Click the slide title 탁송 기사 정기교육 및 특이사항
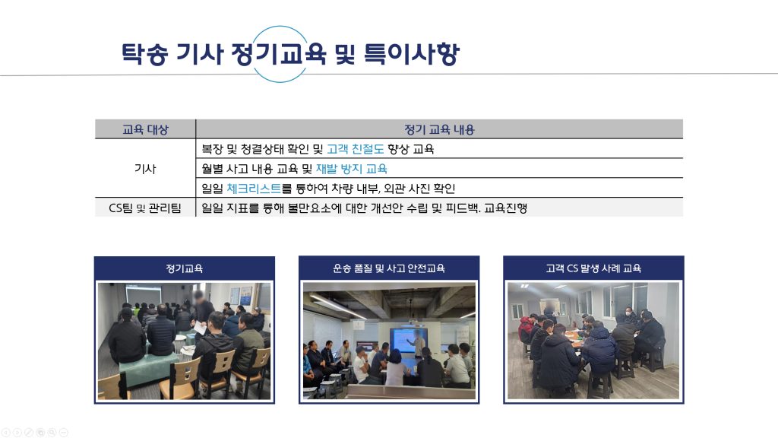pyautogui.click(x=290, y=54)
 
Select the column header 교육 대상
pyautogui.click(x=145, y=129)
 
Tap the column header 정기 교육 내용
pyautogui.click(x=439, y=129)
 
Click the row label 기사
pyautogui.click(x=145, y=169)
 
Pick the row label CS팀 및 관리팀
pyautogui.click(x=145, y=208)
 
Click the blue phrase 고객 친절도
pyautogui.click(x=356, y=149)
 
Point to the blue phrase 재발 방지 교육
pyautogui.click(x=351, y=169)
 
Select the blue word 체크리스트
pyautogui.click(x=254, y=189)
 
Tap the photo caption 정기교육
pyautogui.click(x=184, y=268)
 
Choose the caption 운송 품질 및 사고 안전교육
pyautogui.click(x=388, y=268)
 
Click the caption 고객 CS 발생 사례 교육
pyautogui.click(x=593, y=268)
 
